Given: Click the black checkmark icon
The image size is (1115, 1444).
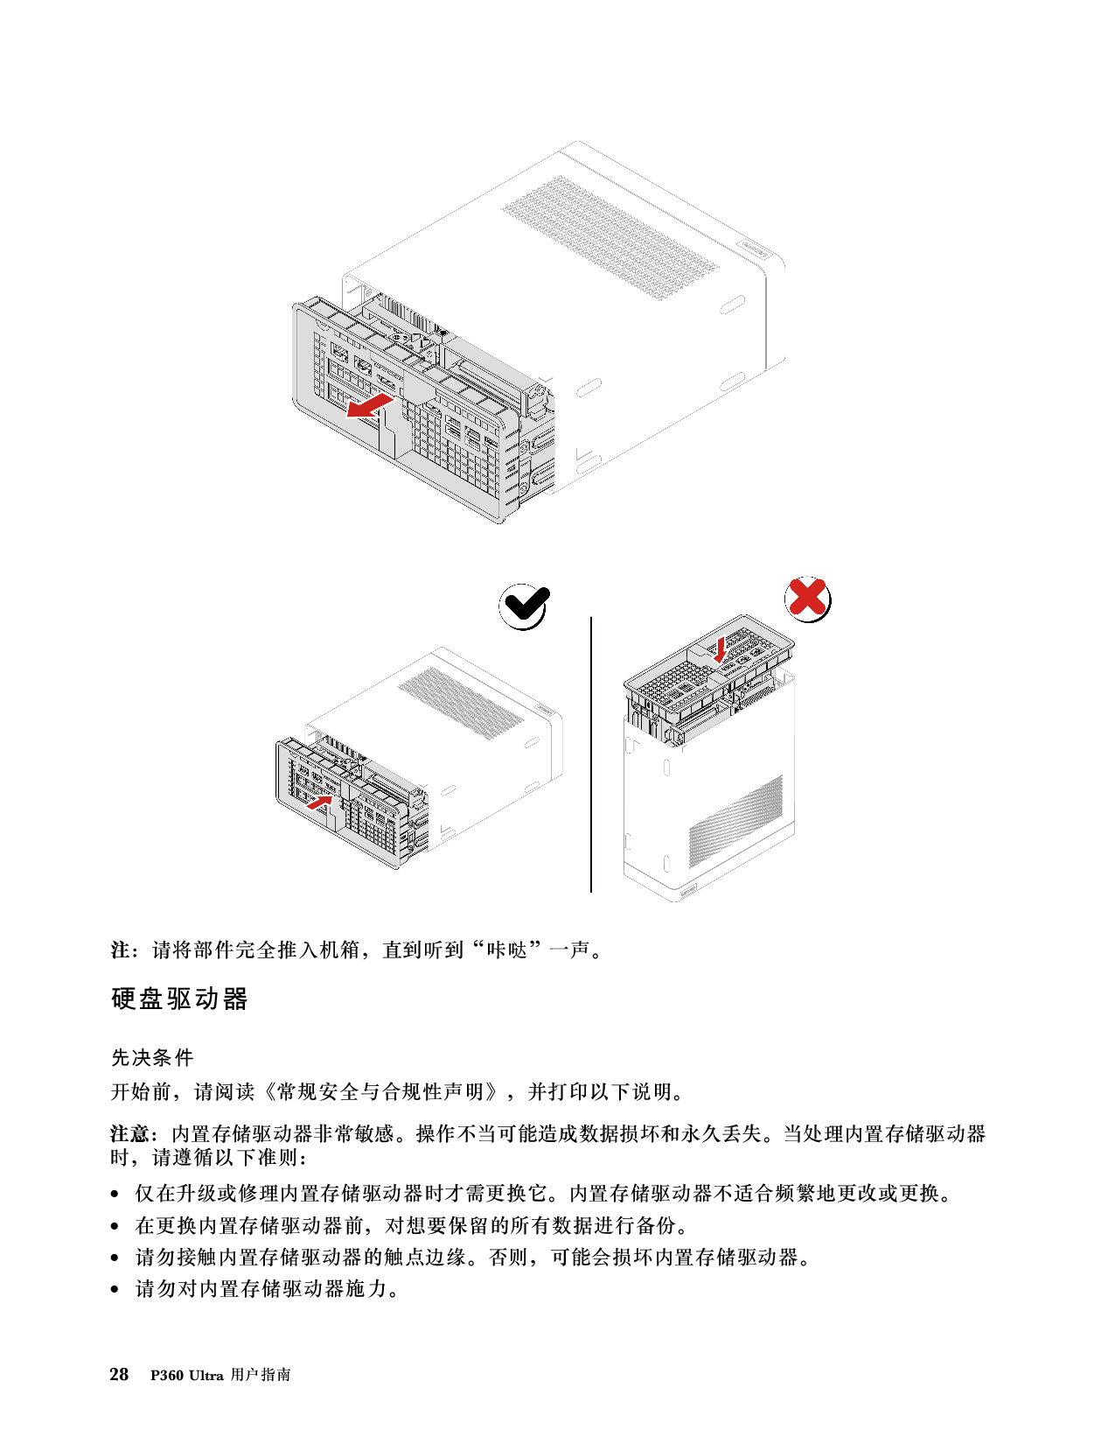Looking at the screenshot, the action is click(x=524, y=606).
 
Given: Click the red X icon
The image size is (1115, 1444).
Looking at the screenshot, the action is click(x=807, y=599).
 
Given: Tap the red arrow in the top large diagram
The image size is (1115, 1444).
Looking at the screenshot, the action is click(x=371, y=405).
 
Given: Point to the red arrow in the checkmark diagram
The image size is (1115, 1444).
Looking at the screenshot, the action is click(x=319, y=802).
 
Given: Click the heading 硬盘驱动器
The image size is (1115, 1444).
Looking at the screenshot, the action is click(x=179, y=999).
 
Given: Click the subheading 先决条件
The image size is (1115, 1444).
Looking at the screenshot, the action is click(x=152, y=1057).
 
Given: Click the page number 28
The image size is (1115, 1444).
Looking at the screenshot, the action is click(x=119, y=1375).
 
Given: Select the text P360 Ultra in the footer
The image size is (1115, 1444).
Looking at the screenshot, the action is click(x=186, y=1376).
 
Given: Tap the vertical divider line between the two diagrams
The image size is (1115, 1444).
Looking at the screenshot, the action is click(x=591, y=754).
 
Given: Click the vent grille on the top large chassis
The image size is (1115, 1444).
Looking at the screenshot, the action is click(x=610, y=237).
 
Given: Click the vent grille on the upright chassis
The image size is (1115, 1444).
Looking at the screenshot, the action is click(x=735, y=821).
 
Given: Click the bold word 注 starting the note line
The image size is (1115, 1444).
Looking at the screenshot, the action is click(x=120, y=950).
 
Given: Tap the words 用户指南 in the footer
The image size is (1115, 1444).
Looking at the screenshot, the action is click(x=261, y=1376).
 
